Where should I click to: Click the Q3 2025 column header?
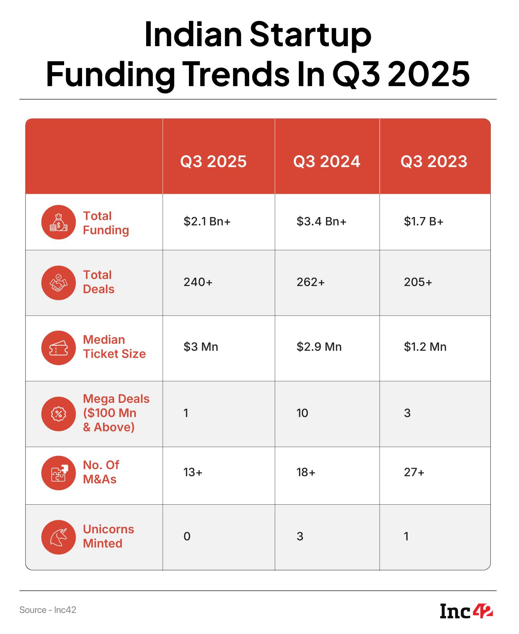coord(213,161)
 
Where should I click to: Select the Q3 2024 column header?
coord(327,161)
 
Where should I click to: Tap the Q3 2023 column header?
coord(434,161)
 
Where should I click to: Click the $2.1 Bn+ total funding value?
coord(207,222)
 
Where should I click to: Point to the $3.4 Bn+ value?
coord(321,222)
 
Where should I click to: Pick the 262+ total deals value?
coord(311,282)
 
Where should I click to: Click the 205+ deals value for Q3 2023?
coord(418,282)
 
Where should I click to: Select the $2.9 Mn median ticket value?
coord(319,347)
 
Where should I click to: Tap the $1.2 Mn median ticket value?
coord(425,347)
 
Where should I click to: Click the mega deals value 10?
coord(302,413)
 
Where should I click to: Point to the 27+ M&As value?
coord(414,473)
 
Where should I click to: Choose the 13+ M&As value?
coord(193,473)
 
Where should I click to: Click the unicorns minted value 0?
coord(187,537)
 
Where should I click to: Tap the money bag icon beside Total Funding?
coord(58,222)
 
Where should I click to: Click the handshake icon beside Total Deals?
coord(58,283)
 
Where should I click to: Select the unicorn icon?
coord(58,537)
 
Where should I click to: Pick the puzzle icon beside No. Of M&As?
coord(58,473)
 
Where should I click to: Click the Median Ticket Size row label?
coord(114,347)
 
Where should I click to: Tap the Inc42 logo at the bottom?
coord(466,611)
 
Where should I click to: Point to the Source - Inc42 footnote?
coord(48,610)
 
